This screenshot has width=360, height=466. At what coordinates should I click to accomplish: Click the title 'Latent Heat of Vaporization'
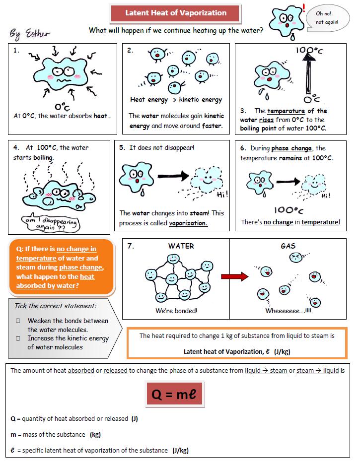176,13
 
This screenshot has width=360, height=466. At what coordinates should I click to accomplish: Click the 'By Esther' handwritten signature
30,34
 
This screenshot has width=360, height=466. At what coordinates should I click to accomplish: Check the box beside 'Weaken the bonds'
18,321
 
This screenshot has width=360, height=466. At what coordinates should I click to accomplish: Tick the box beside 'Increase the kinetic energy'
18,338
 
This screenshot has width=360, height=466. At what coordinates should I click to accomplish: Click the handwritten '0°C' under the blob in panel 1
62,106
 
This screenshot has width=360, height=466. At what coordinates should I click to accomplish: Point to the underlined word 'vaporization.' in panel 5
188,223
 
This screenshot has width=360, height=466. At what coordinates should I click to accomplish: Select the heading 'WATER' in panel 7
181,246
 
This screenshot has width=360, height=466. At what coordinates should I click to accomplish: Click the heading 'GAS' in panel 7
288,246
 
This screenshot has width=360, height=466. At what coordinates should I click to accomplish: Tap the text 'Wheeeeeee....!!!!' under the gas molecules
288,311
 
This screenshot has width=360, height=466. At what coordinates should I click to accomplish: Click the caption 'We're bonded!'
176,311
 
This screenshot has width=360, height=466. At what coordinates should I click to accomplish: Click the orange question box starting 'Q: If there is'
61,267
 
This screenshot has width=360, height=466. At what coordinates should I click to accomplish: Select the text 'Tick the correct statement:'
55,306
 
